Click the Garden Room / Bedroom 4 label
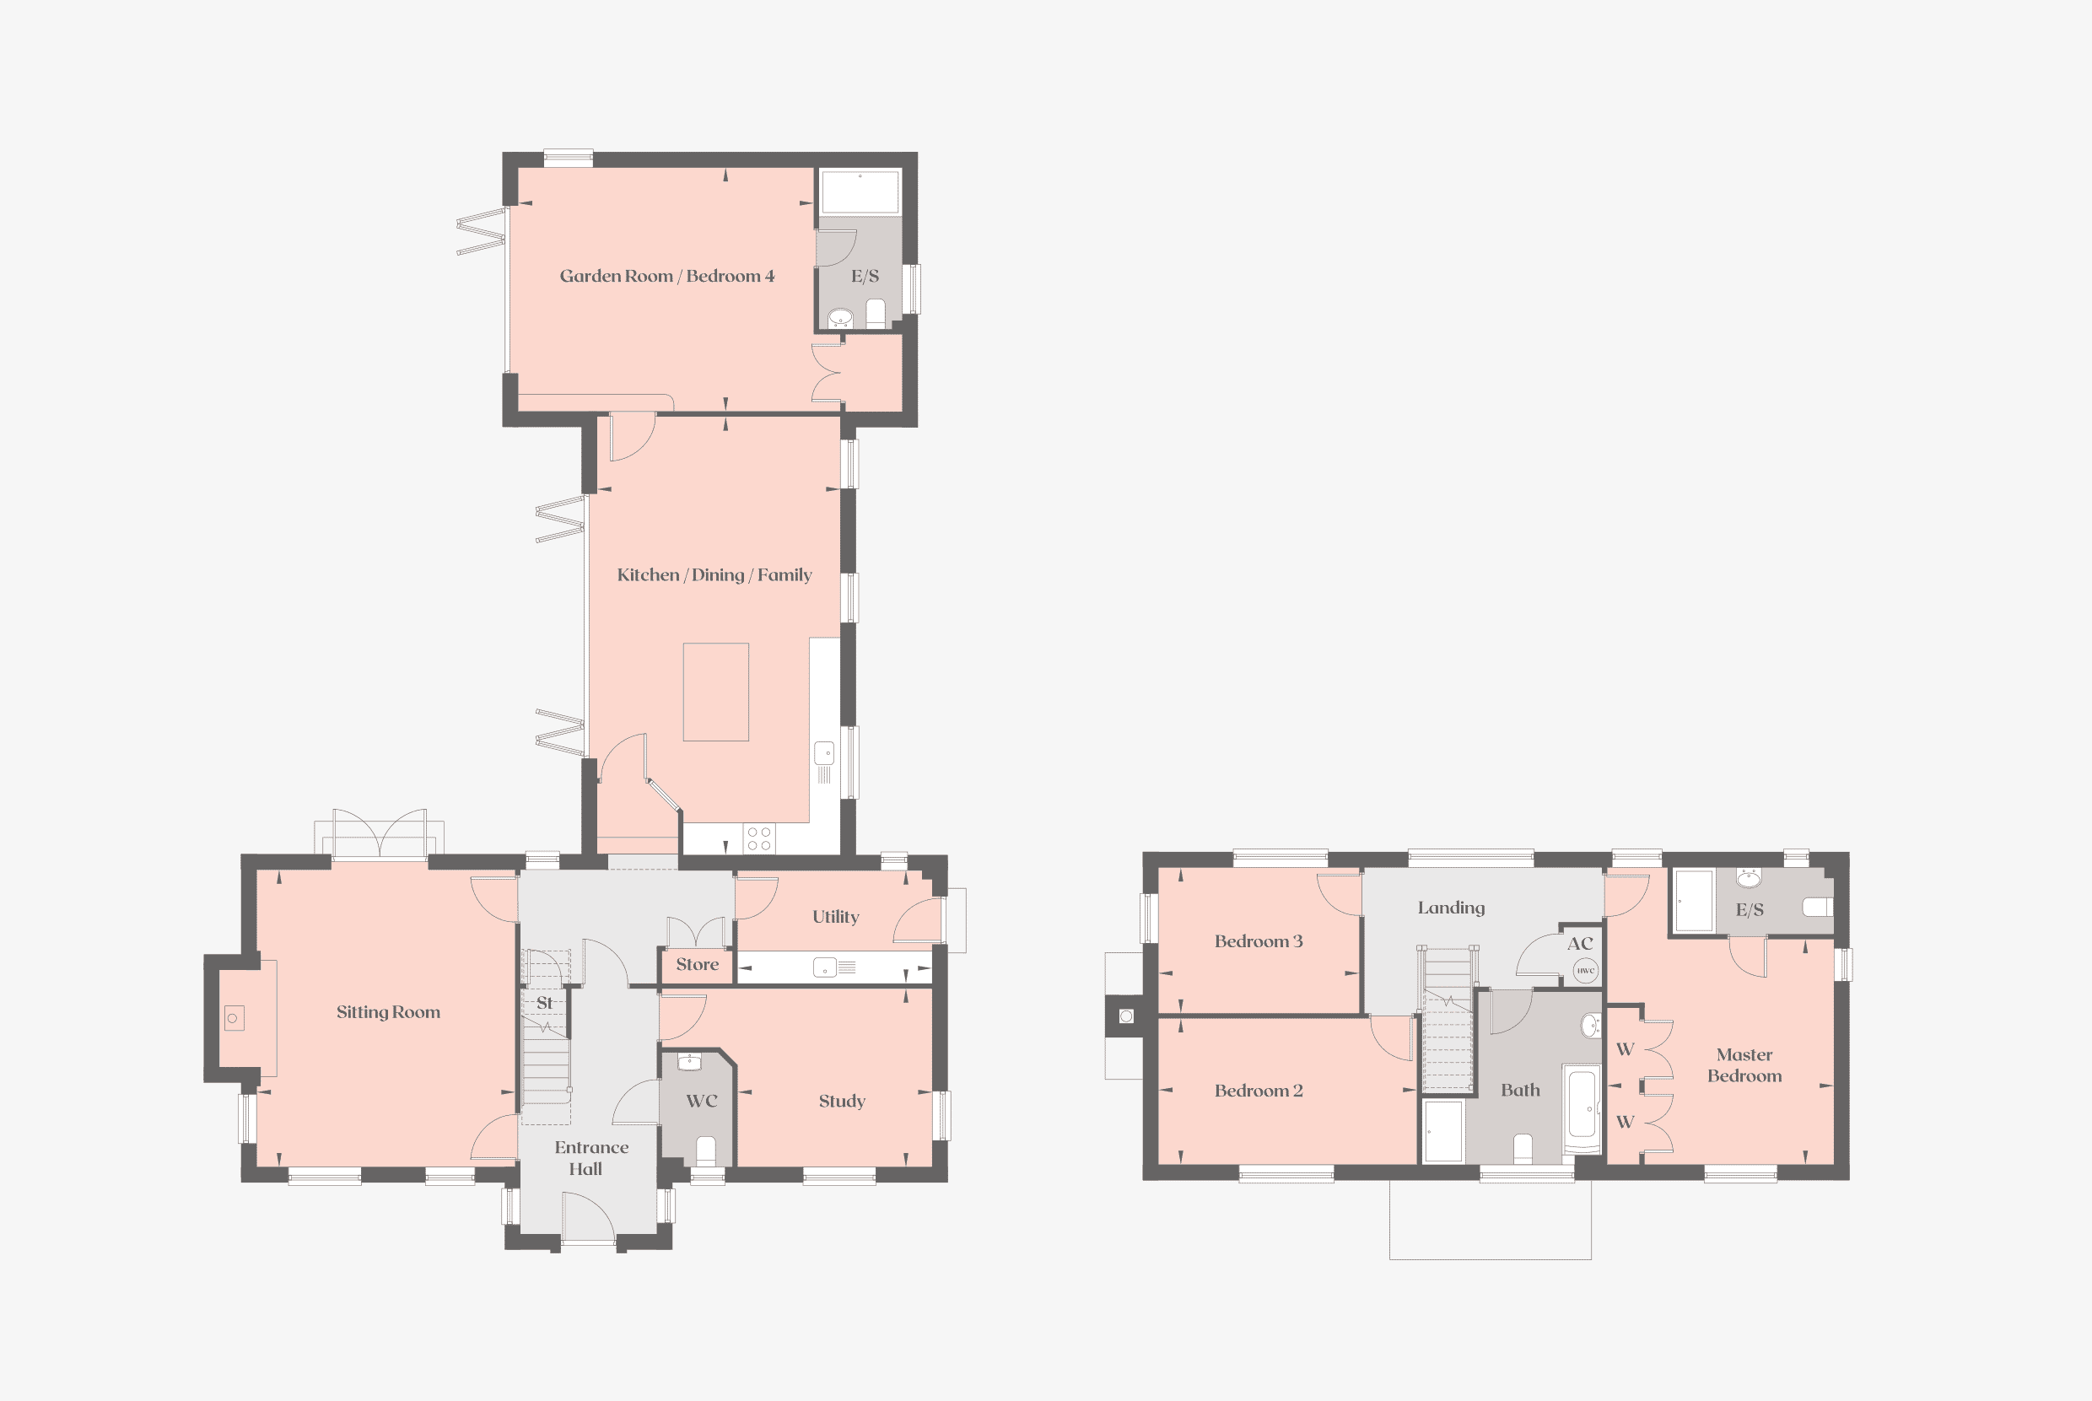pyautogui.click(x=666, y=276)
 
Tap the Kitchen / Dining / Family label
pyautogui.click(x=714, y=575)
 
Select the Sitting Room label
pyautogui.click(x=388, y=1012)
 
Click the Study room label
pyautogui.click(x=842, y=1102)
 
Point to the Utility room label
pyautogui.click(x=836, y=917)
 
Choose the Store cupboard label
pyautogui.click(x=697, y=964)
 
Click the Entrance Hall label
pyautogui.click(x=590, y=1158)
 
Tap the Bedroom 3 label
pyautogui.click(x=1259, y=940)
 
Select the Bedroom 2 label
pyautogui.click(x=1259, y=1090)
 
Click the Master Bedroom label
pyautogui.click(x=1744, y=1065)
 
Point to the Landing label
pyautogui.click(x=1451, y=908)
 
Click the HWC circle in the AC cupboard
pyautogui.click(x=1585, y=970)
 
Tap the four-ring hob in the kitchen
pyautogui.click(x=758, y=838)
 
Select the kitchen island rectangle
pyautogui.click(x=716, y=692)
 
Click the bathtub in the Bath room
pyautogui.click(x=1582, y=1109)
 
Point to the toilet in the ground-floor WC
pyautogui.click(x=706, y=1150)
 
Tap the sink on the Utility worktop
pyautogui.click(x=825, y=967)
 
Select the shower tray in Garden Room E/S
pyautogui.click(x=860, y=191)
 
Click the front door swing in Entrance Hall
pyautogui.click(x=588, y=1217)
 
